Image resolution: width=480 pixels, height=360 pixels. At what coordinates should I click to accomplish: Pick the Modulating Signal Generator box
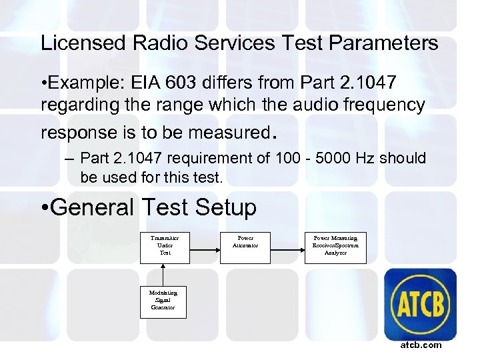pos(163,300)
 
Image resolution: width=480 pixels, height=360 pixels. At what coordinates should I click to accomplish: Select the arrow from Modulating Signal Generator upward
pos(163,273)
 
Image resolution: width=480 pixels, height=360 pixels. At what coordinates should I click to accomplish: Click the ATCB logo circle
pos(421,305)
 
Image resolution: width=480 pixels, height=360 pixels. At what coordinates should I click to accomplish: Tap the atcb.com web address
pos(421,345)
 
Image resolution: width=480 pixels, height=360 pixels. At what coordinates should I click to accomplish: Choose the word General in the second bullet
pos(93,207)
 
